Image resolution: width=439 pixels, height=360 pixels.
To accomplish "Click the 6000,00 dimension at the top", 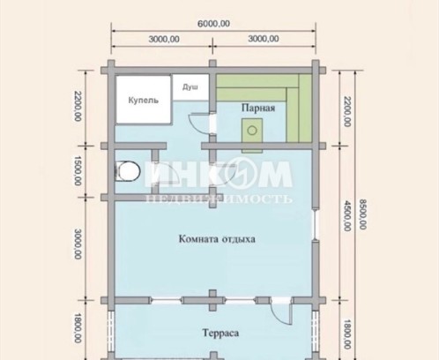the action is point(213,24).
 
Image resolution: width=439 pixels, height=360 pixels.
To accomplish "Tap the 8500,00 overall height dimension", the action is point(363,214).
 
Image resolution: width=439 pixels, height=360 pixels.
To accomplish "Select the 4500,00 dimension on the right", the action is point(347,215).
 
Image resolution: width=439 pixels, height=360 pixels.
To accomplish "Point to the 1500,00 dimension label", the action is point(78,170).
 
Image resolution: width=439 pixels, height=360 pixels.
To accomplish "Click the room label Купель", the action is point(144,101).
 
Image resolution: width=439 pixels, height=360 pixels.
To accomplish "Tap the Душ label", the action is point(190,87).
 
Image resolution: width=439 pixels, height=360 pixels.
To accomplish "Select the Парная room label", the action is point(258,108).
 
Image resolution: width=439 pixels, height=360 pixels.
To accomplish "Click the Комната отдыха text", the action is point(217,239).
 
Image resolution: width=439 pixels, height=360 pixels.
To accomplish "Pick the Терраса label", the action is point(220,333).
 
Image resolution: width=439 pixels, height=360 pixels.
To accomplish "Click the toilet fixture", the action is point(128,170).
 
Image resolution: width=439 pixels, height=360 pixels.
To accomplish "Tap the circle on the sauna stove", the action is point(252,130).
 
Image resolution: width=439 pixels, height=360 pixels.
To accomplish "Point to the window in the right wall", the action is point(316,224).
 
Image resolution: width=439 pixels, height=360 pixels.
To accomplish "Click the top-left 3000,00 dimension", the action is point(164,39).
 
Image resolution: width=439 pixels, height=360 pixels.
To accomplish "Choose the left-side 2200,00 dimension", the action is point(78,106).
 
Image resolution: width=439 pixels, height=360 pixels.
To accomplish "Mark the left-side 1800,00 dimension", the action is point(78,328).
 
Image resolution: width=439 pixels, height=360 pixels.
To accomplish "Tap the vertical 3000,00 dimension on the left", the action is point(78,244).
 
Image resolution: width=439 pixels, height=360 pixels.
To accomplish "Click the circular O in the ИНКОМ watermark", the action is point(242,174).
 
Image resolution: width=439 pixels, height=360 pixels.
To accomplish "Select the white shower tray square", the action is point(190,87).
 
